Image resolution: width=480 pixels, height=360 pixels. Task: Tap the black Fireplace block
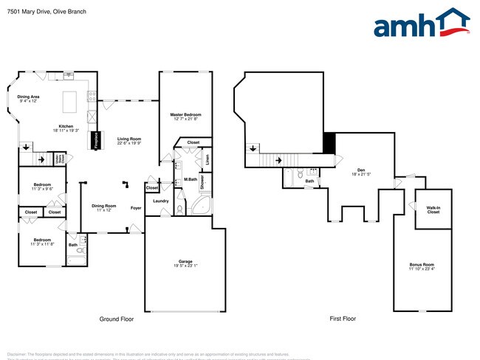96,141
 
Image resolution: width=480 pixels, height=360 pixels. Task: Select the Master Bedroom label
185,117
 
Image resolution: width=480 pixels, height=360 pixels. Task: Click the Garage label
185,262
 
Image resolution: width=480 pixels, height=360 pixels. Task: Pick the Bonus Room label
422,266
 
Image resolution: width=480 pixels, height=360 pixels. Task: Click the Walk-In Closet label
433,210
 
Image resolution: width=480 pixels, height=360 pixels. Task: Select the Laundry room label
161,201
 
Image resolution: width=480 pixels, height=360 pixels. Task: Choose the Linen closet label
208,157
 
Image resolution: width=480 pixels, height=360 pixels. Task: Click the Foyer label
136,207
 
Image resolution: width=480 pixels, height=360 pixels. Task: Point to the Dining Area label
29,99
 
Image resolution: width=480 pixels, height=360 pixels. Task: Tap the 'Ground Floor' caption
117,319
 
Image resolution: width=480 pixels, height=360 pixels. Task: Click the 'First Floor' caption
343,319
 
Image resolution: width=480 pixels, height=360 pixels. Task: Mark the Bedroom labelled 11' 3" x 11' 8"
42,242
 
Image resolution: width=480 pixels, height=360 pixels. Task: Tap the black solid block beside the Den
329,142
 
